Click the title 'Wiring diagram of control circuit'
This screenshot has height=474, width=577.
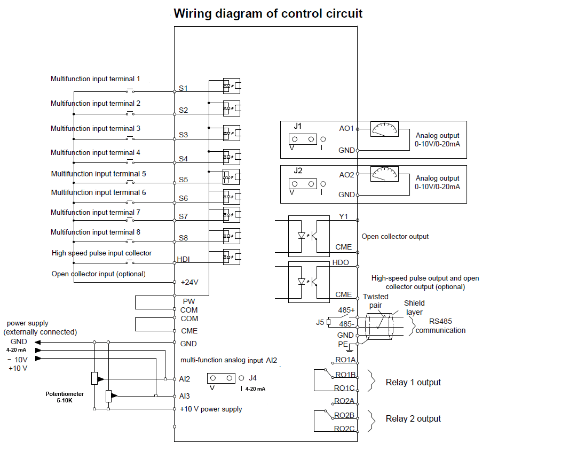click(x=268, y=14)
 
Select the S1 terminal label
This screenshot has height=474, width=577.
click(x=183, y=88)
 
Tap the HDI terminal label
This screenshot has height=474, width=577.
click(x=184, y=259)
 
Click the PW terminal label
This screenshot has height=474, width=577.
click(x=188, y=301)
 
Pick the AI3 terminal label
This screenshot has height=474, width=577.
click(x=185, y=396)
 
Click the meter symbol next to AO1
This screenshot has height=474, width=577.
click(x=385, y=129)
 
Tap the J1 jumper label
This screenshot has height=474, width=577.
click(x=298, y=126)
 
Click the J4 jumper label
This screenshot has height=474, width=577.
click(x=252, y=378)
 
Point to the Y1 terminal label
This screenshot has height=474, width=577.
click(x=343, y=216)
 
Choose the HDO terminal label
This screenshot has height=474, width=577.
click(x=341, y=263)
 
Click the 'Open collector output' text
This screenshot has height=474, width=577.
click(x=395, y=236)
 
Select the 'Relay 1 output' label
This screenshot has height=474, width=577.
click(x=413, y=382)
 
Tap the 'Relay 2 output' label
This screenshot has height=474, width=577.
click(x=413, y=418)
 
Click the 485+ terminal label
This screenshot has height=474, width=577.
click(x=346, y=310)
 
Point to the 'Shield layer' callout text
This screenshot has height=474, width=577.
click(x=414, y=307)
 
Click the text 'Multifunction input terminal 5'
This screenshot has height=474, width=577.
click(x=98, y=174)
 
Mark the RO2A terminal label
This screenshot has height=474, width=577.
click(x=345, y=401)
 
